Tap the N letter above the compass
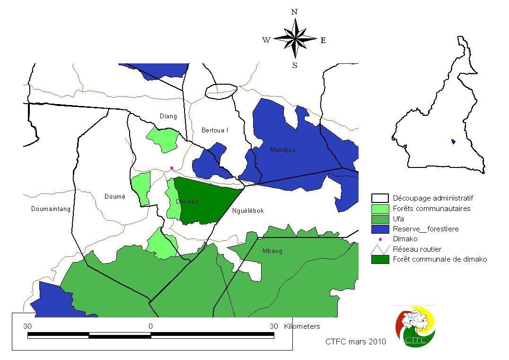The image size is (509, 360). [294, 12]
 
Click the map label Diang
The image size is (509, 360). [168, 116]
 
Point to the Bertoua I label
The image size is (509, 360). [215, 131]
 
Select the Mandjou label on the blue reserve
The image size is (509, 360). [282, 150]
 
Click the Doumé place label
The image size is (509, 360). [114, 197]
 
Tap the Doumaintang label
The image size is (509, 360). [51, 209]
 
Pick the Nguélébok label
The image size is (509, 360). [248, 211]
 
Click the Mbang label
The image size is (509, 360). [272, 251]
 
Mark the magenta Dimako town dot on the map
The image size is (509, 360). [172, 168]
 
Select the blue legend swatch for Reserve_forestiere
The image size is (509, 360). [380, 229]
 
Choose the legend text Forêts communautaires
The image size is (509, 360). [431, 209]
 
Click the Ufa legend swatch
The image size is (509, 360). [380, 219]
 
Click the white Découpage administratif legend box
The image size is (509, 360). [380, 198]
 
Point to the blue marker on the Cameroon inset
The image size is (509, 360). [453, 141]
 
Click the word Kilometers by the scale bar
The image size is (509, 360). [302, 326]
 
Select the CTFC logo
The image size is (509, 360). [415, 326]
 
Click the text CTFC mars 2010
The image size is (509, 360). [355, 342]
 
